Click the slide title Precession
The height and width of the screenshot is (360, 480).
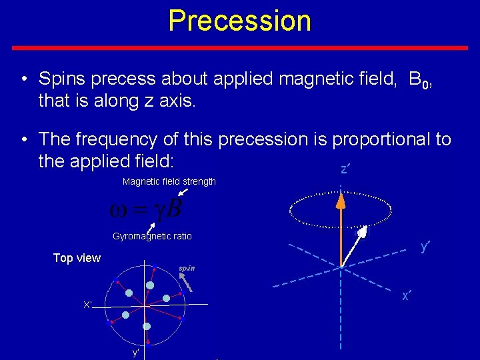pos(239,21)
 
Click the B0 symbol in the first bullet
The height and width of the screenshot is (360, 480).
pos(418,81)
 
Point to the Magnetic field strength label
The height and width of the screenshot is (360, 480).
pos(169,182)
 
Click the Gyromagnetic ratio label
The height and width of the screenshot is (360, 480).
pos(152,236)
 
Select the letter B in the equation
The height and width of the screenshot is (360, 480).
pos(173,209)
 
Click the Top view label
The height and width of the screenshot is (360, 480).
pos(77,258)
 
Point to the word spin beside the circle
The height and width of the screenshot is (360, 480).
pos(186,269)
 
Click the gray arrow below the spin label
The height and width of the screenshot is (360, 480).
pos(188,283)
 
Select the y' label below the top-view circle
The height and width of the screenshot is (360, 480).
pos(136,352)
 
